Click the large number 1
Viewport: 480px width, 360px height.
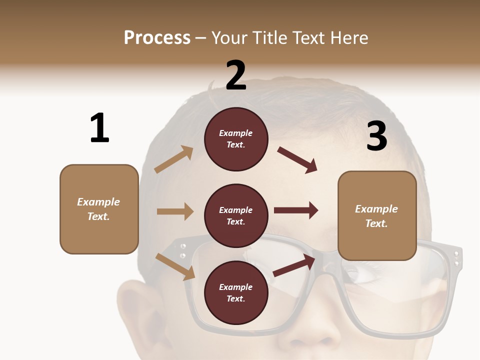click(x=99, y=128)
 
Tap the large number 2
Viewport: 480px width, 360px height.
click(x=236, y=75)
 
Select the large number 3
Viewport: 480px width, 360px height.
click(x=376, y=136)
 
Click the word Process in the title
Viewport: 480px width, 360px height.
click(x=157, y=37)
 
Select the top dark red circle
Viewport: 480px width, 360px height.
click(x=236, y=139)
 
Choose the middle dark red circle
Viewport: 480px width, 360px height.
click(x=236, y=215)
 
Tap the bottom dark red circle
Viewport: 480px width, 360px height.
click(x=236, y=292)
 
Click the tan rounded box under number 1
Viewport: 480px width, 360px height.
click(x=99, y=209)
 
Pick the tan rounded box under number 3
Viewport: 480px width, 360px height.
click(x=377, y=215)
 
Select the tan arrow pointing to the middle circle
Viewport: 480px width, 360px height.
click(x=175, y=211)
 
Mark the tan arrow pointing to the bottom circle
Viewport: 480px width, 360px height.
click(x=175, y=266)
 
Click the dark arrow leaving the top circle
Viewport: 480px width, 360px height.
click(x=297, y=160)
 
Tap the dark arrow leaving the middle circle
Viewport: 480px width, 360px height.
click(x=296, y=210)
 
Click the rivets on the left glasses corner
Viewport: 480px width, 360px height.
click(x=183, y=250)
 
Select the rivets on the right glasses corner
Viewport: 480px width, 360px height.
click(x=455, y=257)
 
